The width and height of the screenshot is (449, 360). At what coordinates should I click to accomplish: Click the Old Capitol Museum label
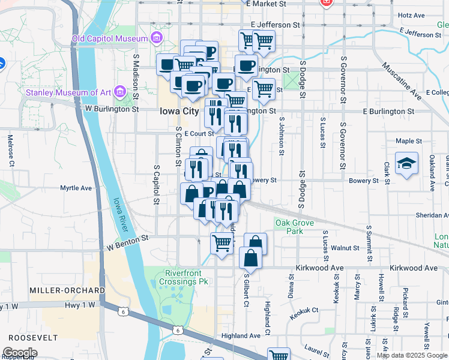(109, 38)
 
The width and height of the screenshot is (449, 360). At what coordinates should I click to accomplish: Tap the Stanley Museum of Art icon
(120, 92)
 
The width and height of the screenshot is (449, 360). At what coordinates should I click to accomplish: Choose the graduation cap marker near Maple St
(406, 163)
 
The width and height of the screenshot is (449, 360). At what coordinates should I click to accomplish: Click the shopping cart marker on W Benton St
(221, 243)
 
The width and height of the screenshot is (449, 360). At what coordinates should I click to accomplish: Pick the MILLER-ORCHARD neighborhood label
(67, 290)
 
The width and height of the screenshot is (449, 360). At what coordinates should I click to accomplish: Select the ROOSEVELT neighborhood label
(29, 337)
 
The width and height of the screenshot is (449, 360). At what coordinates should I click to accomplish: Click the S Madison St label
(136, 77)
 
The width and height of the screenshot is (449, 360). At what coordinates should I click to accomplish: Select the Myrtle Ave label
(76, 188)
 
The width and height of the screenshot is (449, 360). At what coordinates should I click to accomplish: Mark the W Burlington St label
(112, 109)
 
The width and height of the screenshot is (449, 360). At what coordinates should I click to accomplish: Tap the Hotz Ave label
(411, 15)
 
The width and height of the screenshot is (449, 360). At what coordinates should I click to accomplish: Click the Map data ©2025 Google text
(412, 355)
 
